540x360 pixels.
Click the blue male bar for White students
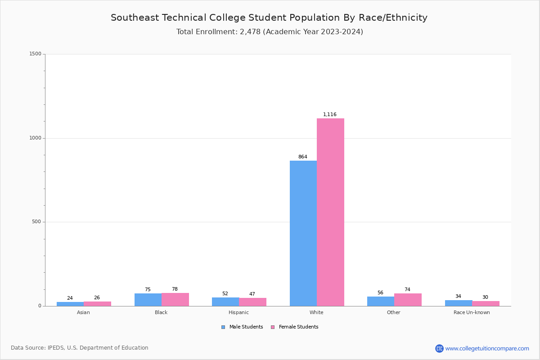tap(303, 233)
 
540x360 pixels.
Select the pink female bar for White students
tap(330, 212)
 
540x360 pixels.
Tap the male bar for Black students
tap(148, 300)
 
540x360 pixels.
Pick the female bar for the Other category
tap(408, 300)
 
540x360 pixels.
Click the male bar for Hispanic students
tap(225, 301)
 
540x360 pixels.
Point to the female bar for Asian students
tap(97, 304)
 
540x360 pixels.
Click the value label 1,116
tap(330, 115)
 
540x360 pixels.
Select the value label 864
tap(302, 157)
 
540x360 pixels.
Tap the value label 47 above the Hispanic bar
tap(252, 294)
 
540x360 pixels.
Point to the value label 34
tap(458, 297)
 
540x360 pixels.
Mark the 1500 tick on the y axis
tap(35, 54)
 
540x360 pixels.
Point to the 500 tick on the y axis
tap(36, 222)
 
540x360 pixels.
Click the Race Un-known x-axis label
tap(472, 313)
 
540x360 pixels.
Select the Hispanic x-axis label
tap(238, 313)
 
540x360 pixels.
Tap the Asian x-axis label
tap(83, 313)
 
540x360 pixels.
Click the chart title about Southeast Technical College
tap(269, 18)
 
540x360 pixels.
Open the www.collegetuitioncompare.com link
tap(487, 348)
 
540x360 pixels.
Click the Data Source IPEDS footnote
tap(80, 348)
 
